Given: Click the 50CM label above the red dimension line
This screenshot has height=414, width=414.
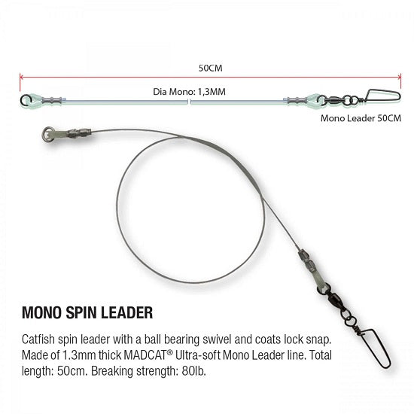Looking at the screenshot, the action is [x=211, y=68].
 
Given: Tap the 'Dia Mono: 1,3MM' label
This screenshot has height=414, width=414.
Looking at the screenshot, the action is [x=189, y=92].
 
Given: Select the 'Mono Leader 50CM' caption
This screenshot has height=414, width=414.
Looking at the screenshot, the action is [x=361, y=118].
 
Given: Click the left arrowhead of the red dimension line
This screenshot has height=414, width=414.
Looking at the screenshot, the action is [x=21, y=77].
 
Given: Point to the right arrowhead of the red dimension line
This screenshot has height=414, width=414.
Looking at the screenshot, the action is [x=400, y=77].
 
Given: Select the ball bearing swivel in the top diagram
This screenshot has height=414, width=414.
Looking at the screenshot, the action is [x=335, y=100].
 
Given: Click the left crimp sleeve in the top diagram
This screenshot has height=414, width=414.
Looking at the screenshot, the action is [x=52, y=100].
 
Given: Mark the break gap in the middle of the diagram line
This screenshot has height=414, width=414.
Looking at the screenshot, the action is [x=189, y=102].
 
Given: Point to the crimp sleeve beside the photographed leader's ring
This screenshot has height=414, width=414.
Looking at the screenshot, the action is [x=79, y=132].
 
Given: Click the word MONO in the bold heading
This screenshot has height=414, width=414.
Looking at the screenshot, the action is [x=41, y=312].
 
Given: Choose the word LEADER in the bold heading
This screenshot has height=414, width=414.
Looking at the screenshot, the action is [x=126, y=312].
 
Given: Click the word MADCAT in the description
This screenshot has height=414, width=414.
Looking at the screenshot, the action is [x=145, y=355].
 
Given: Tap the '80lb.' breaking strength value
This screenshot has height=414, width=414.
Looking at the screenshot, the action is [x=193, y=371].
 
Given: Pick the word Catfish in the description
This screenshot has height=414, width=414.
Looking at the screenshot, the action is [x=38, y=339].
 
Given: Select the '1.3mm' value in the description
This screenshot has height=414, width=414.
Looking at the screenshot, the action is [x=79, y=355].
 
